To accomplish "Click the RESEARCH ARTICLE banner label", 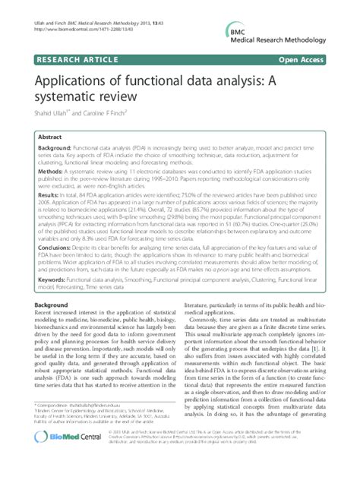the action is [x=68, y=58].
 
